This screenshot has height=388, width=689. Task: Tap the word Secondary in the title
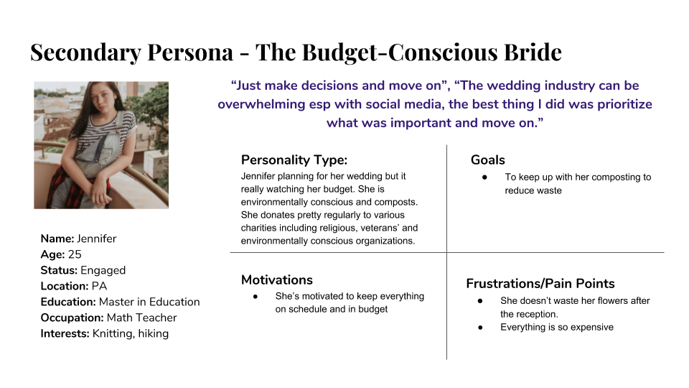pos(85,53)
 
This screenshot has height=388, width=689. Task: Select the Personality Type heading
pos(294,160)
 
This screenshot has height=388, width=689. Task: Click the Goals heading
pos(488,160)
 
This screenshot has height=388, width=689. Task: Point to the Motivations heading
pos(277,280)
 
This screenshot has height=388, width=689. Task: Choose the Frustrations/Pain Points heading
pos(540,283)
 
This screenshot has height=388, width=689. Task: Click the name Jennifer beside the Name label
pos(97,239)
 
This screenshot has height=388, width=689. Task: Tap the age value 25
pos(75,254)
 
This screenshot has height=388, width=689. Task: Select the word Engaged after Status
pos(103,271)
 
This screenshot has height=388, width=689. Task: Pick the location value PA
pos(99,286)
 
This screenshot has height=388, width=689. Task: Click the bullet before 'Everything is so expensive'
pos(480,328)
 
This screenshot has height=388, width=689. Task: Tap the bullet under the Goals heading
pos(484,177)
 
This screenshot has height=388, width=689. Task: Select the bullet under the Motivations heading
pos(256,297)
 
